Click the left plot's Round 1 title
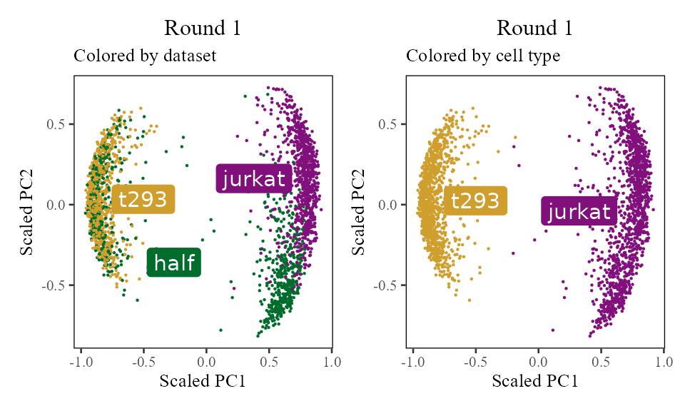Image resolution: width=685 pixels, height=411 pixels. (x=203, y=29)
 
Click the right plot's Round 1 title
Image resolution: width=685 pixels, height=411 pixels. (x=534, y=29)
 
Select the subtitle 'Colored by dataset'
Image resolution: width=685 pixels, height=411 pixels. (x=145, y=56)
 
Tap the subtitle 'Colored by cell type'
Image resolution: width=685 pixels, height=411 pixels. (x=483, y=56)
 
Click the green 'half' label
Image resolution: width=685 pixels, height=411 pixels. (x=174, y=263)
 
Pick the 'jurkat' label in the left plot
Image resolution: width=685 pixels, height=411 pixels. (x=255, y=178)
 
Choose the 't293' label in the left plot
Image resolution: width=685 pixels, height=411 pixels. (x=143, y=200)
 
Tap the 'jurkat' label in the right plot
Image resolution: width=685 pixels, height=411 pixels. (x=579, y=211)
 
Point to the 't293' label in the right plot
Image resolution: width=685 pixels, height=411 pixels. (x=475, y=201)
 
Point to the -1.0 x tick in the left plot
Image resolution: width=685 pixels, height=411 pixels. (x=80, y=362)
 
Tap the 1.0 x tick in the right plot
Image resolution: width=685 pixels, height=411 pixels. (x=664, y=362)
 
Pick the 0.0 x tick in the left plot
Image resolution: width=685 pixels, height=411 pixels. (x=206, y=362)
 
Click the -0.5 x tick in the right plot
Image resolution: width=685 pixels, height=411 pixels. (x=474, y=362)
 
